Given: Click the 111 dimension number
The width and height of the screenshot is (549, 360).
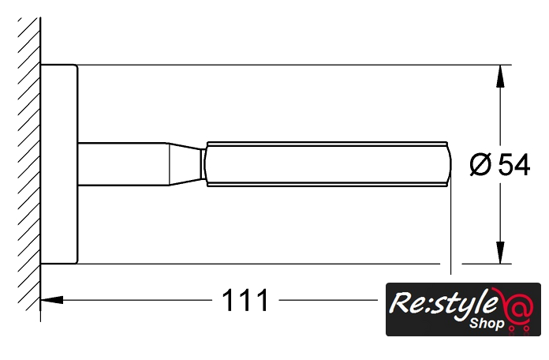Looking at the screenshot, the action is click(x=245, y=300).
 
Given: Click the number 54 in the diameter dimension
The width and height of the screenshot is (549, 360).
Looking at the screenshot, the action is click(x=514, y=165).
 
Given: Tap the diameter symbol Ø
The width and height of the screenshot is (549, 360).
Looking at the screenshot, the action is click(x=480, y=165).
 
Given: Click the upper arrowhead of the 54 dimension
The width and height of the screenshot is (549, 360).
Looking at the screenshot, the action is click(x=501, y=76).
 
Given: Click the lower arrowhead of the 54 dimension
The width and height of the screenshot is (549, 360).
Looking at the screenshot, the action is click(x=501, y=253).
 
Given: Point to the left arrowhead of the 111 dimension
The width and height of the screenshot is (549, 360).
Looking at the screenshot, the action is click(x=52, y=300).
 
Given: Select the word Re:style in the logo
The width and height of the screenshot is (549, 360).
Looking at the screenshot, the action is click(x=443, y=304).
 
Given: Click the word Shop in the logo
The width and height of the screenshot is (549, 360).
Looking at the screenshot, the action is click(x=487, y=324).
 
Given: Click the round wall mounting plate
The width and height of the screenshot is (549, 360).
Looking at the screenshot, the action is click(x=59, y=164).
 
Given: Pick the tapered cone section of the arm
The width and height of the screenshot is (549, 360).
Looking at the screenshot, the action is click(x=185, y=164).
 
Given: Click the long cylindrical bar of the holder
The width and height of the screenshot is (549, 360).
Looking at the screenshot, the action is click(x=327, y=164).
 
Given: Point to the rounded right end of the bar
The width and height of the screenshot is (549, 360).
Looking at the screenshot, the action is click(x=449, y=164).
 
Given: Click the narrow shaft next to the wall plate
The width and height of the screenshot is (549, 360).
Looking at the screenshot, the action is click(x=122, y=164).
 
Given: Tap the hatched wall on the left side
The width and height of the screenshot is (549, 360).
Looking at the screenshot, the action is click(x=28, y=164).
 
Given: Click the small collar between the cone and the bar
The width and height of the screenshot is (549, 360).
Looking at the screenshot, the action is click(x=204, y=164).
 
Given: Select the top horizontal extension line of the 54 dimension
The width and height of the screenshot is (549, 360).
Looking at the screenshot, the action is click(x=294, y=65).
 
